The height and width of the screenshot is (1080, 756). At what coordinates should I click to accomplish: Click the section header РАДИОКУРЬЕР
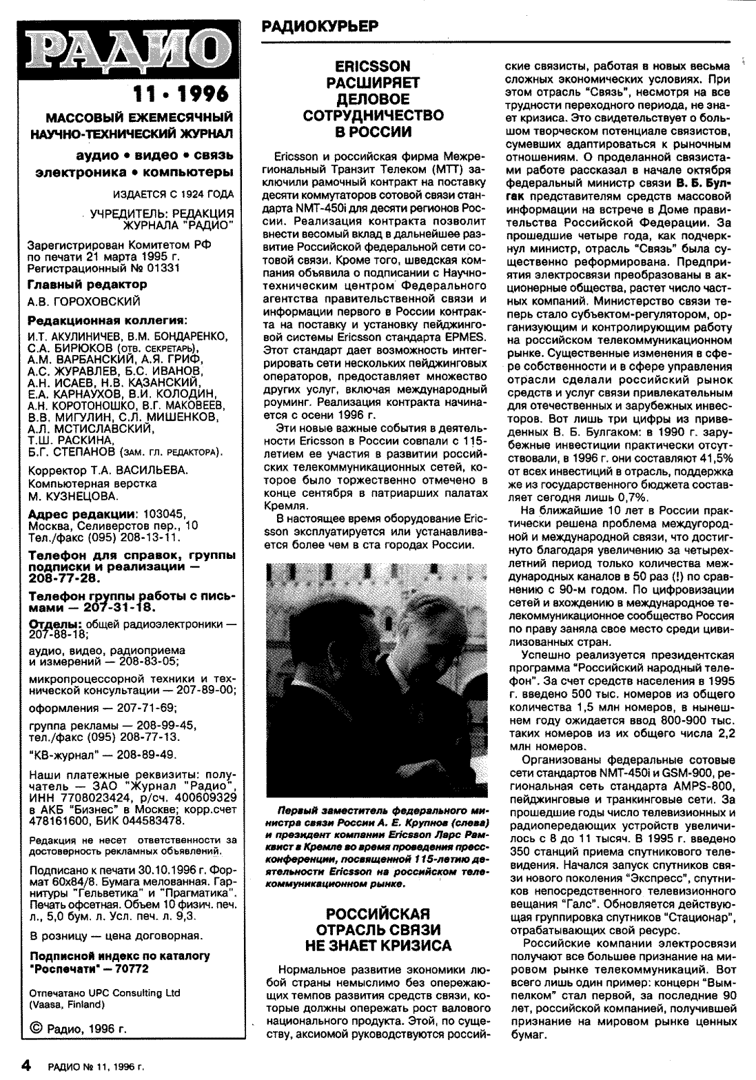320,26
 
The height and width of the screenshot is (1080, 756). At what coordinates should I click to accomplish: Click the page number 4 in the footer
27,1066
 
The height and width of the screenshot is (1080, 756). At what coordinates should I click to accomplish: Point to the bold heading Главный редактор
87,284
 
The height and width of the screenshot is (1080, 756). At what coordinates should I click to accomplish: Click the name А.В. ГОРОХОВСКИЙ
83,301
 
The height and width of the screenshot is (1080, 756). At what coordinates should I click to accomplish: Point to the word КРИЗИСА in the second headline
412,945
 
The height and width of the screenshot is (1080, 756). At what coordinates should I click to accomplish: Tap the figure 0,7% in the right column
629,497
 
